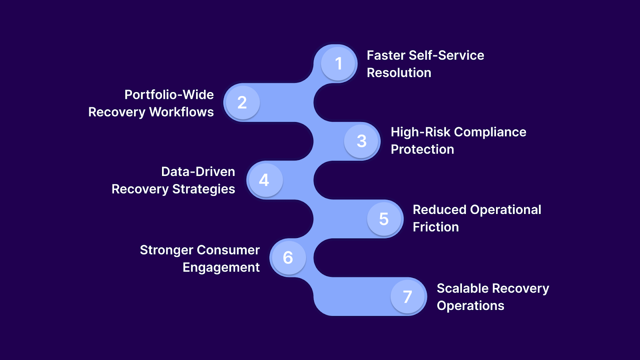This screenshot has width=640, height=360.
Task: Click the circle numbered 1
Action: point(338,64)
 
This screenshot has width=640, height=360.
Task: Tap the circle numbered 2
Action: point(242,102)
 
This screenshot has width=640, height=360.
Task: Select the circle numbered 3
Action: point(362,141)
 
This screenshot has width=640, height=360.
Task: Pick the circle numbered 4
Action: point(264,180)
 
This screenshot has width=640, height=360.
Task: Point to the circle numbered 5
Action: point(384,219)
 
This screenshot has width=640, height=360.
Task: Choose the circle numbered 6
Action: point(288,258)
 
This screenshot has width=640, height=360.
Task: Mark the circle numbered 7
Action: point(408,296)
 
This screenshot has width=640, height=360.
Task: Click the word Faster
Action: point(386,55)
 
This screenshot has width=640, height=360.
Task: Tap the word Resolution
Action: point(399,73)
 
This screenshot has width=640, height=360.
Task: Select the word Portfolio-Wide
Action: point(169,95)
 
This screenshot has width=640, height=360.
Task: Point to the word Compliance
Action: point(490,132)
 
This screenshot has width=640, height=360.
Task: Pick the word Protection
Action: point(422,150)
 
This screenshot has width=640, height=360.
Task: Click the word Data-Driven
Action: point(198,172)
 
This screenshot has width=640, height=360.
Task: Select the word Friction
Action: point(436,227)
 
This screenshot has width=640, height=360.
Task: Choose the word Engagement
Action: point(221,268)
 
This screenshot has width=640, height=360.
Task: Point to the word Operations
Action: point(470,306)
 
